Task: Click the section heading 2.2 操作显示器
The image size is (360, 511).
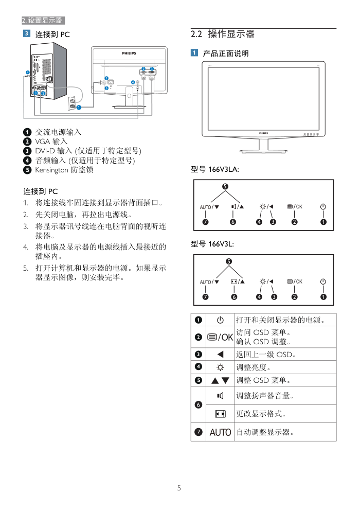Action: tap(222, 34)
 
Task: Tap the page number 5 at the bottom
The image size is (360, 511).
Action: tap(179, 488)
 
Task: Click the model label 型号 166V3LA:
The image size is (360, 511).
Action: tap(214, 169)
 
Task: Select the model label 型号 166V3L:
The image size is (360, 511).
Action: tap(213, 243)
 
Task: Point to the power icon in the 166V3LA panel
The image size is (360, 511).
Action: tap(323, 207)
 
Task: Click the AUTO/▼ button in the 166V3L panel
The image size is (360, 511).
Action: tap(209, 281)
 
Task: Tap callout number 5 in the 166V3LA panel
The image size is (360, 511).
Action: tap(225, 186)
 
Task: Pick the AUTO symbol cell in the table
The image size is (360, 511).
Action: tap(220, 432)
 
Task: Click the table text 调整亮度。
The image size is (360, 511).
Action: tap(254, 367)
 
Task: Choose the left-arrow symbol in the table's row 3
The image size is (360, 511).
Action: tap(220, 355)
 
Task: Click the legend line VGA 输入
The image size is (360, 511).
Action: tap(51, 142)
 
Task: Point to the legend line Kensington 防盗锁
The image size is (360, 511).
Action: tap(64, 169)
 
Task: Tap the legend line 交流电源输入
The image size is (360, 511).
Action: tap(58, 132)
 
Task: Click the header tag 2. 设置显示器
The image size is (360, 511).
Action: tap(43, 21)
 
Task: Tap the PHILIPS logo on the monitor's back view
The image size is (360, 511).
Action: tap(129, 53)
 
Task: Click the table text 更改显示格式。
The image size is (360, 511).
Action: tap(261, 414)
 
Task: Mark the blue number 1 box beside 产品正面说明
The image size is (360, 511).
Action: tap(194, 53)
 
